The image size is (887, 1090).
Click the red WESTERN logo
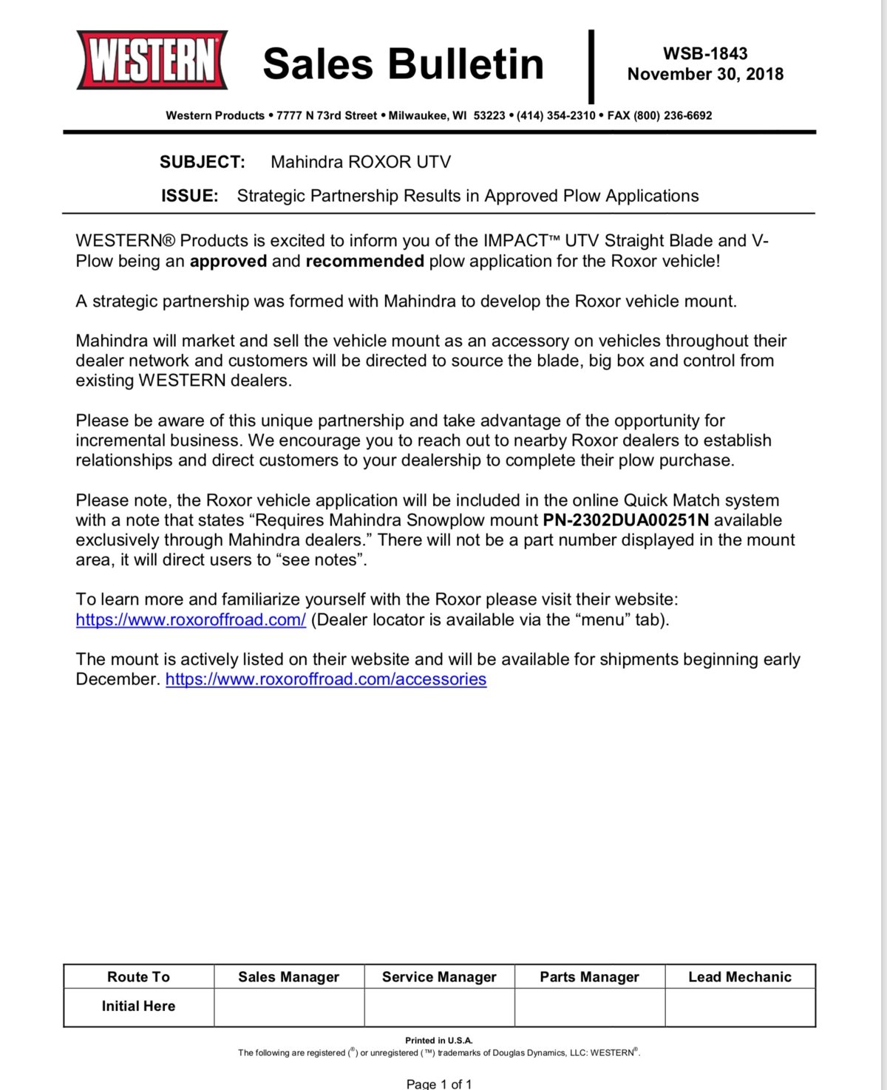tap(152, 60)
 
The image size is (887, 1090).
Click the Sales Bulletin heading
tap(403, 64)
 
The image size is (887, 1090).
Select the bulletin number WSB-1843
tap(704, 53)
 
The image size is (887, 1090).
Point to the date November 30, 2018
tap(704, 74)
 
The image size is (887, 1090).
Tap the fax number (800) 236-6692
tap(659, 115)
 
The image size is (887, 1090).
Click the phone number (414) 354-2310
tap(556, 115)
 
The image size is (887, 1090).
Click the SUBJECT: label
tap(202, 162)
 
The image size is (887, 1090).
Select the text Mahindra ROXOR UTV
tap(360, 162)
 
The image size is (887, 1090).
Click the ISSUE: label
tap(189, 196)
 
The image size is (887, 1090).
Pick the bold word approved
tap(228, 261)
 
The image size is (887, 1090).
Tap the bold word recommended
tap(364, 261)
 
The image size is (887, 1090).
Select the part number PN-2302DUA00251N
tap(625, 520)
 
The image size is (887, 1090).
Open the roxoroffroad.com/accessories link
tap(326, 679)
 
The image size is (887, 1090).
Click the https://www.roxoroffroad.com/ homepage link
tap(191, 620)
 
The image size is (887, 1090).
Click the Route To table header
tap(138, 977)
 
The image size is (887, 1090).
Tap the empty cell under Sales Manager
tap(289, 1007)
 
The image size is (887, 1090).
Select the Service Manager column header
tap(439, 977)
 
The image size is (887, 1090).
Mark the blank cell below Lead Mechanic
tap(740, 1007)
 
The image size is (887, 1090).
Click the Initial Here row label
tap(138, 1006)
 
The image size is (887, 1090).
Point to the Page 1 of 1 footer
tap(439, 1084)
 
